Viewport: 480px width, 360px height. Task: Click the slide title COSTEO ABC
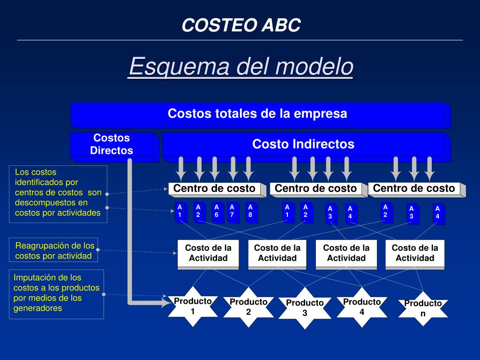pyautogui.click(x=241, y=25)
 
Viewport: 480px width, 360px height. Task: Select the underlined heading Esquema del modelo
pyautogui.click(x=241, y=66)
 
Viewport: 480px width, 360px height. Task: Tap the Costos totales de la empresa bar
pyautogui.click(x=257, y=114)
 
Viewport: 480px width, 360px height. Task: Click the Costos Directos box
pyautogui.click(x=112, y=144)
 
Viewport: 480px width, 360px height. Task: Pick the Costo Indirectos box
pyautogui.click(x=303, y=144)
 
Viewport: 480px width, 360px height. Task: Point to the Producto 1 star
pyautogui.click(x=193, y=306)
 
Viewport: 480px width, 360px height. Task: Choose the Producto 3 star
pyautogui.click(x=305, y=308)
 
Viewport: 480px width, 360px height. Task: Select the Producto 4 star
pyautogui.click(x=362, y=307)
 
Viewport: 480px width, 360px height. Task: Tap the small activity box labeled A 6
pyautogui.click(x=217, y=211)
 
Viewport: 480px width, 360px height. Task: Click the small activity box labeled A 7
pyautogui.click(x=232, y=211)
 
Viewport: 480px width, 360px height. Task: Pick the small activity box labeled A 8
pyautogui.click(x=250, y=211)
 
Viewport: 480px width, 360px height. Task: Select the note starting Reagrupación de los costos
pyautogui.click(x=54, y=250)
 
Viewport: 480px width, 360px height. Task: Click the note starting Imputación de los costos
pyautogui.click(x=57, y=293)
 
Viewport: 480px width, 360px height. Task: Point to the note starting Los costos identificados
pyautogui.click(x=58, y=193)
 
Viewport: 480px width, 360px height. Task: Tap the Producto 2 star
pyautogui.click(x=248, y=307)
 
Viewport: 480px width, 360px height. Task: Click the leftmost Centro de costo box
pyautogui.click(x=214, y=188)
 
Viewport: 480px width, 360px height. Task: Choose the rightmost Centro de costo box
pyautogui.click(x=414, y=188)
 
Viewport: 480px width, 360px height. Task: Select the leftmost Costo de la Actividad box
pyautogui.click(x=208, y=253)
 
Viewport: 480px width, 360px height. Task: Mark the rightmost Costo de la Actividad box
pyautogui.click(x=415, y=253)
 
